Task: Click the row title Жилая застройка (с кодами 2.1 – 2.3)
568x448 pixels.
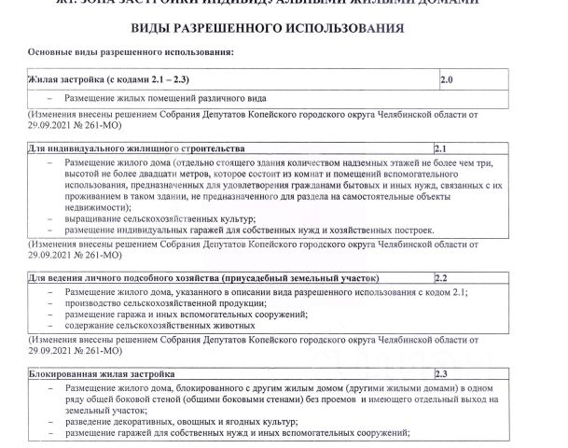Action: coord(109,81)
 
